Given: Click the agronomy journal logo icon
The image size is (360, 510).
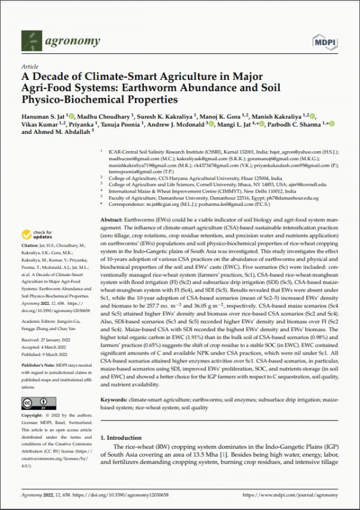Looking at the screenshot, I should [x=31, y=41].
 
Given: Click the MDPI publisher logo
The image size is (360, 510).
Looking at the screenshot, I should [x=325, y=41].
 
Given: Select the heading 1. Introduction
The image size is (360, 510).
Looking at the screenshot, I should [x=127, y=421].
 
